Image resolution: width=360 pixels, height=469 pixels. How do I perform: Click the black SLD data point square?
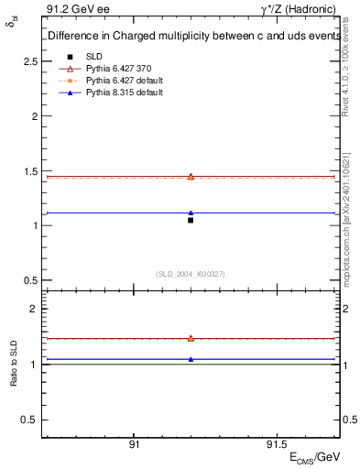pos(191,220)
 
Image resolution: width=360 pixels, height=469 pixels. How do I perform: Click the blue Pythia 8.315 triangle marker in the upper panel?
pos(191,213)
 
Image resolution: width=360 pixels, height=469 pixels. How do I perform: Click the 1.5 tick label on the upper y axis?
pos(30,171)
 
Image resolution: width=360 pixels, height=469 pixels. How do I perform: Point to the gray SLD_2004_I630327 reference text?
pos(191,274)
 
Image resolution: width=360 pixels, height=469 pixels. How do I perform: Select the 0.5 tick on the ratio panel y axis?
pos(30,420)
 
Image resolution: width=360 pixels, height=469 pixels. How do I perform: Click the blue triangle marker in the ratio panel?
pos(191,359)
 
